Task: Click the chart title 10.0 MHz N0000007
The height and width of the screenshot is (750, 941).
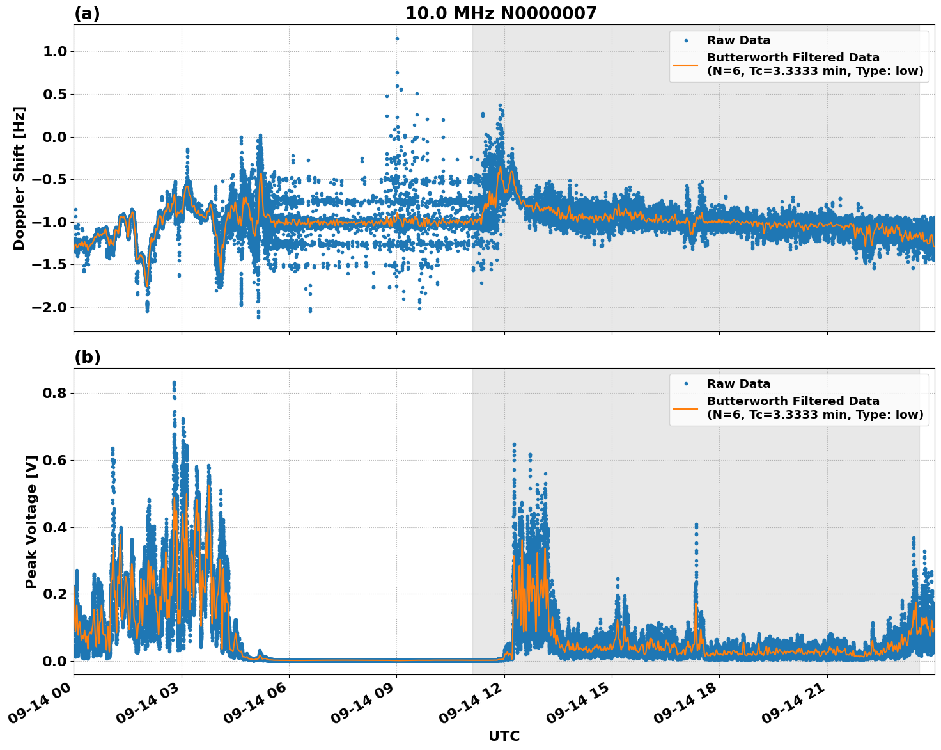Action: click(x=501, y=13)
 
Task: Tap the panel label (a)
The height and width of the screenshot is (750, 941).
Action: click(x=87, y=13)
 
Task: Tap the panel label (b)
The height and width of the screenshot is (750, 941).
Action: click(x=87, y=357)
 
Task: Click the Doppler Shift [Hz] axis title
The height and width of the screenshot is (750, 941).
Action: click(x=19, y=178)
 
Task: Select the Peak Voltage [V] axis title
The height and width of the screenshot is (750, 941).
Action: click(x=31, y=522)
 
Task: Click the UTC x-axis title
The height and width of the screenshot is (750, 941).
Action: click(x=504, y=736)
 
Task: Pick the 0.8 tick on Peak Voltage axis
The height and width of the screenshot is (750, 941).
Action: click(x=55, y=393)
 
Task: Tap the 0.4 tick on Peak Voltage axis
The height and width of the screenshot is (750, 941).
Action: click(x=55, y=527)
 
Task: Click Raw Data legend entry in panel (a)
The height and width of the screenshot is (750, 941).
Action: click(x=738, y=40)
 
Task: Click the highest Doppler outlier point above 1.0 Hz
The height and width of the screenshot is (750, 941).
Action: click(x=397, y=38)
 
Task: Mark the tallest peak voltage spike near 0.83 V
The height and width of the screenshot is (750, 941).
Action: click(x=174, y=383)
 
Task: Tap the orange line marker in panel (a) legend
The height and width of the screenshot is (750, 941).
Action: click(x=686, y=64)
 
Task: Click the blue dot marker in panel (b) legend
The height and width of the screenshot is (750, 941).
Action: click(x=686, y=384)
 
